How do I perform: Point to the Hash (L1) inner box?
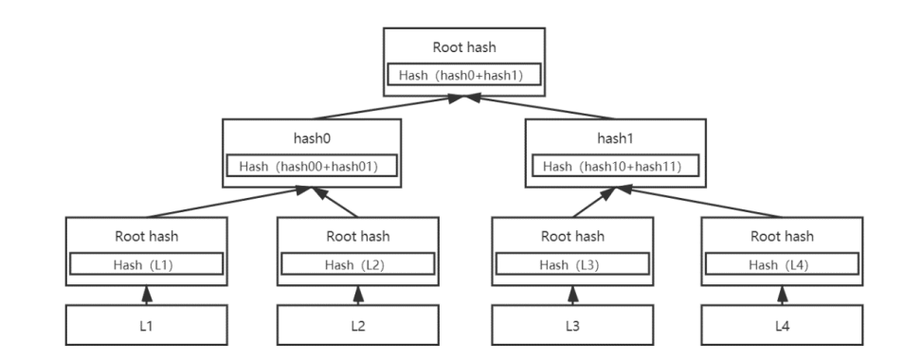(144, 263)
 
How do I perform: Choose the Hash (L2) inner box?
(357, 263)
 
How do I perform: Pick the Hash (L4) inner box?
(782, 263)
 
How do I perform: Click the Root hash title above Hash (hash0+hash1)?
(462, 45)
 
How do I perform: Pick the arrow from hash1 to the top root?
(540, 107)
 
